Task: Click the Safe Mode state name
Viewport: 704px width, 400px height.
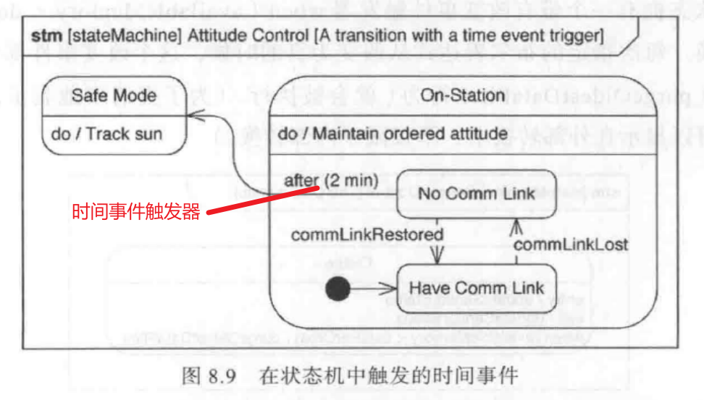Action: click(114, 96)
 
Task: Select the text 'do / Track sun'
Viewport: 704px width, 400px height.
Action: click(107, 134)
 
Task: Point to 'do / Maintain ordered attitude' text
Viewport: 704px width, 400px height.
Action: click(393, 134)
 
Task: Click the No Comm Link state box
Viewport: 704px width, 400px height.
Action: click(477, 194)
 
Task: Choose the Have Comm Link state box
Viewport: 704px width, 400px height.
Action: click(476, 288)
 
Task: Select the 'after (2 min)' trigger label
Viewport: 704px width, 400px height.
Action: click(331, 180)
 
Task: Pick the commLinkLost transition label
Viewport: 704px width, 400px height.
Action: click(570, 244)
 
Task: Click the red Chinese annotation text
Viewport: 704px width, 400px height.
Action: click(135, 212)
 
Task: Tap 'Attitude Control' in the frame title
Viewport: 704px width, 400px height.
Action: click(231, 35)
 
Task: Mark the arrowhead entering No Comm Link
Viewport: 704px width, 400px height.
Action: click(516, 225)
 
